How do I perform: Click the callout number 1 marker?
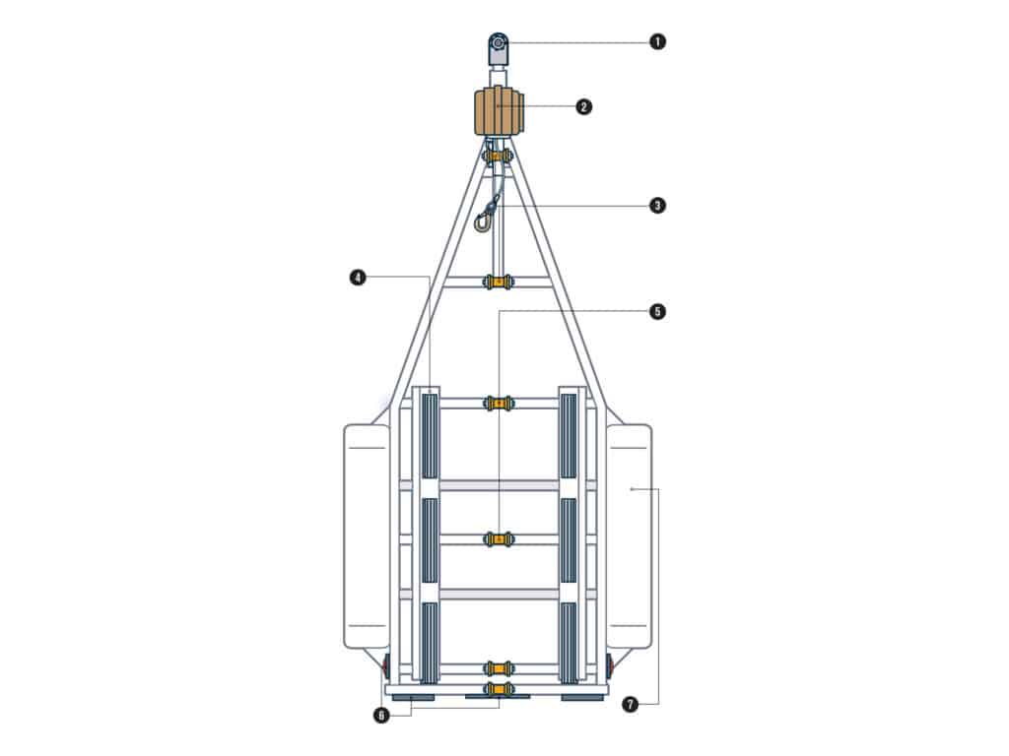tap(657, 41)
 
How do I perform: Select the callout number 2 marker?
tap(584, 106)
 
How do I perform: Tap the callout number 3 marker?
tap(657, 206)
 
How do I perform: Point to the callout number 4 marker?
tap(357, 278)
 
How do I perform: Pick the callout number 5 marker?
tap(657, 311)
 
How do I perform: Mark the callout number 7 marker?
tap(630, 704)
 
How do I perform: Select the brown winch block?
tap(499, 112)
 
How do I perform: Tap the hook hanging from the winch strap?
tap(483, 221)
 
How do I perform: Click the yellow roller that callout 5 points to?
tap(500, 539)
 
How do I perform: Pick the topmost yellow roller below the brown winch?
tap(498, 156)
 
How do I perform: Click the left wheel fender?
tap(367, 535)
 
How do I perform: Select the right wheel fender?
tap(630, 535)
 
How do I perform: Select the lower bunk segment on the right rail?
tap(569, 641)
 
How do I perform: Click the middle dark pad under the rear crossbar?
tap(498, 697)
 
